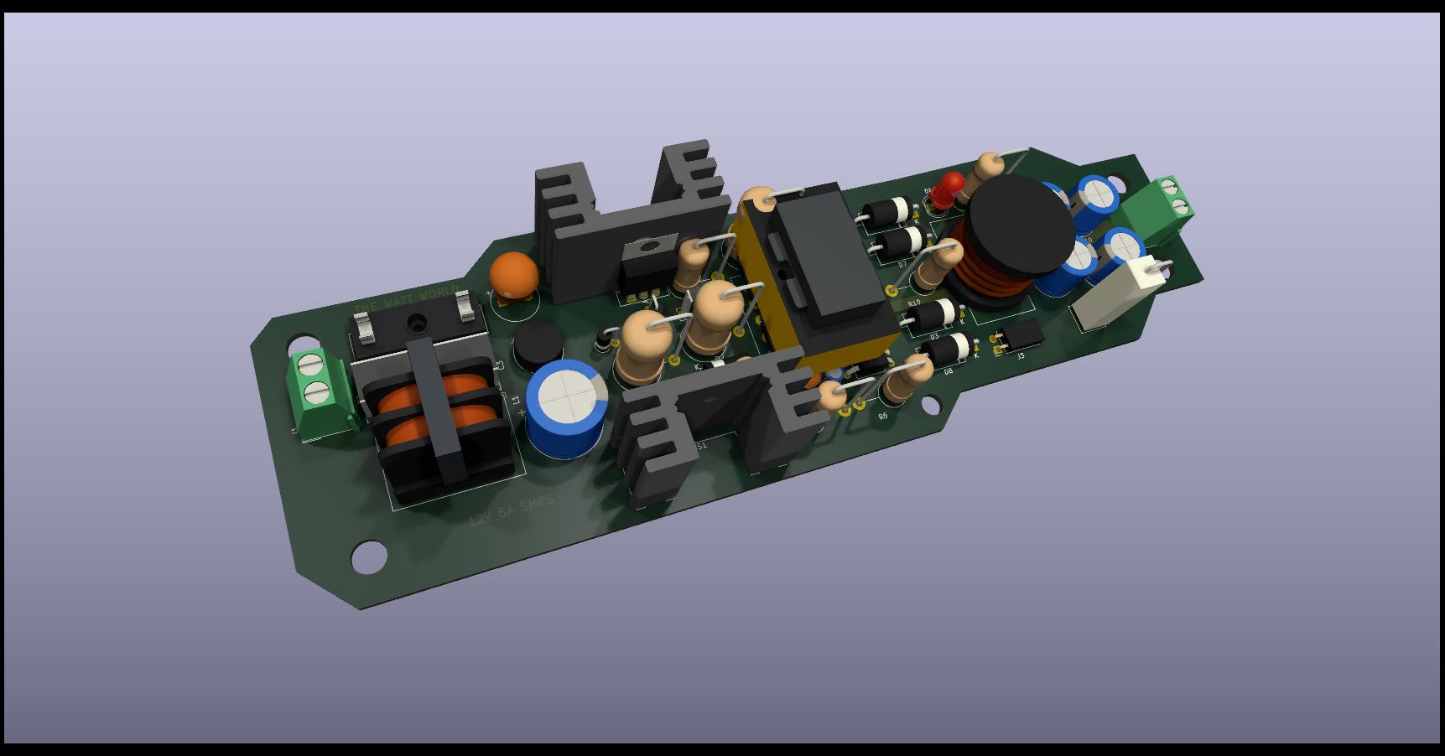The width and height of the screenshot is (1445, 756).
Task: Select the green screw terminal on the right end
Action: tap(1161, 209)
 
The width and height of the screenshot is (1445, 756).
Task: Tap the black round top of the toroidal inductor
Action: tap(1020, 225)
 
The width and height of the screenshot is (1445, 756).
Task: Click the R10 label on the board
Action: tap(913, 303)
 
